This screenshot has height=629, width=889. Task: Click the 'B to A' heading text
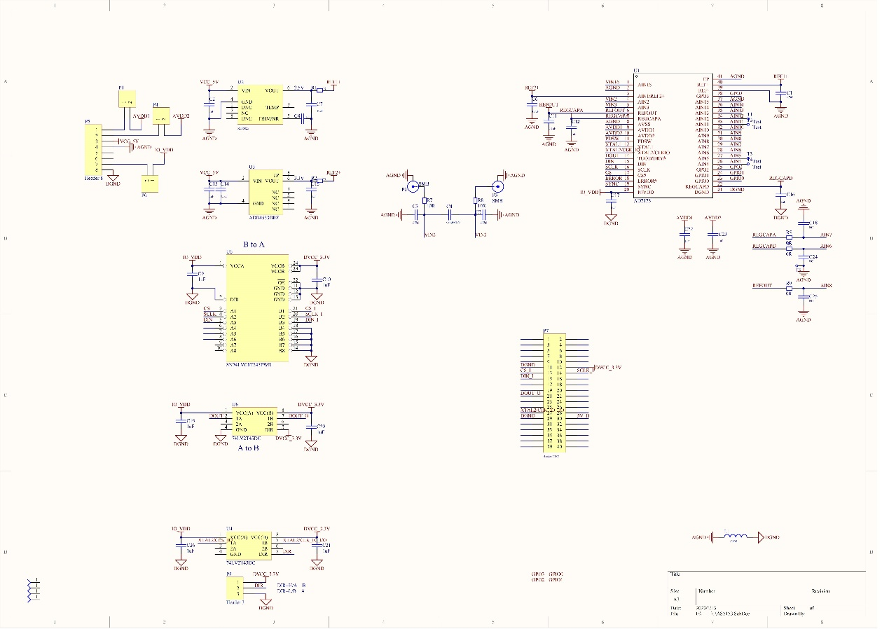coord(253,244)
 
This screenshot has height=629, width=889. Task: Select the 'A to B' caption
coord(248,448)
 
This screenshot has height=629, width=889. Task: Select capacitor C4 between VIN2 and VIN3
coord(449,214)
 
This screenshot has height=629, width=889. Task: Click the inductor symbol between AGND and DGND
coord(734,537)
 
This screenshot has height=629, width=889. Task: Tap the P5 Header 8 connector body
coord(93,150)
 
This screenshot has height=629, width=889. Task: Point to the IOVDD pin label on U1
coord(645,192)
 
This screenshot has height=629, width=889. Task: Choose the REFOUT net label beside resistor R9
coord(762,286)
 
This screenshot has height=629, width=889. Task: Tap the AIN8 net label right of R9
coord(826,286)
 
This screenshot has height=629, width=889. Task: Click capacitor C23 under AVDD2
coord(713,236)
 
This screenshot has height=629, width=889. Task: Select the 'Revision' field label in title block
coord(821,590)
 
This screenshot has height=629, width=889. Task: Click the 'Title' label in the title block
coord(675,574)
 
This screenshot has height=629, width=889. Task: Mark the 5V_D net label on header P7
coord(582,416)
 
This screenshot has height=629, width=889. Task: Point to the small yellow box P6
coord(149,183)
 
